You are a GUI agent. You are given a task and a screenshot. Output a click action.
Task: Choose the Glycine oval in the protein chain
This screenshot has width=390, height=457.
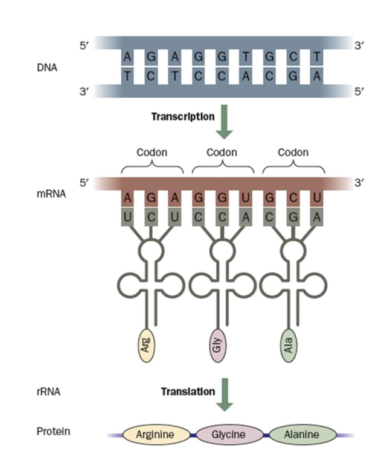click(x=229, y=434)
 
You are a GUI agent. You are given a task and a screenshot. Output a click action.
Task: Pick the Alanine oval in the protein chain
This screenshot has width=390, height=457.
click(x=302, y=434)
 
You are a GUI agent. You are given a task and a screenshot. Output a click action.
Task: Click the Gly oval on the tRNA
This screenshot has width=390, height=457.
click(x=218, y=345)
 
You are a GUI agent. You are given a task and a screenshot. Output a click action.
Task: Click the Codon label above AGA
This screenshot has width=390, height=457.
click(x=152, y=153)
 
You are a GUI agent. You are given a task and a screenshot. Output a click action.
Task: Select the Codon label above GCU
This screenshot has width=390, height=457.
click(x=293, y=153)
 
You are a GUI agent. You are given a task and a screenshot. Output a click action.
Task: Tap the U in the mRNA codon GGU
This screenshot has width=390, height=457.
click(x=245, y=198)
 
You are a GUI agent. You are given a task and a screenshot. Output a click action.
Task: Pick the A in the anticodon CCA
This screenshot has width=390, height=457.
click(x=245, y=215)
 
